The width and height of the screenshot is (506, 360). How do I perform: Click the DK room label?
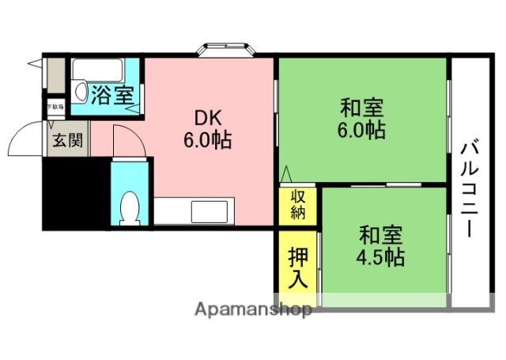click(x=207, y=116)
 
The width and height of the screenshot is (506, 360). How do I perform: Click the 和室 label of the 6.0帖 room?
click(x=362, y=105)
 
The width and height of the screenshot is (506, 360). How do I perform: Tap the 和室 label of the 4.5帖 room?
click(x=382, y=235)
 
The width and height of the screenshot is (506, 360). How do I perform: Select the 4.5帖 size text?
click(x=382, y=258)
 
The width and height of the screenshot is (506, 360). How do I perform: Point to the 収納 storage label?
click(x=297, y=204)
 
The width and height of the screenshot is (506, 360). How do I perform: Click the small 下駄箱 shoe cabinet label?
click(x=55, y=106)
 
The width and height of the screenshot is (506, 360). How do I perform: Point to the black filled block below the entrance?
click(x=75, y=194)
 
